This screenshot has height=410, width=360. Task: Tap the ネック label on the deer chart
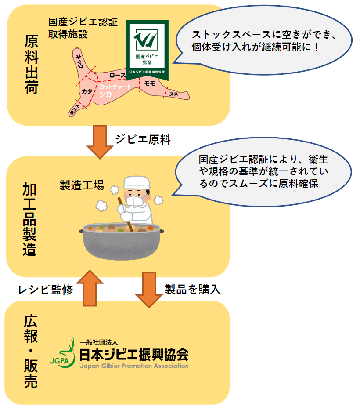[x=79, y=62]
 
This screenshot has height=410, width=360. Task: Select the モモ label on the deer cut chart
[x=150, y=83]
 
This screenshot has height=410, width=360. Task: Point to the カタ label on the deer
[x=87, y=91]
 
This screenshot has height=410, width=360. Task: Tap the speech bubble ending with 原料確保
[x=264, y=171]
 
